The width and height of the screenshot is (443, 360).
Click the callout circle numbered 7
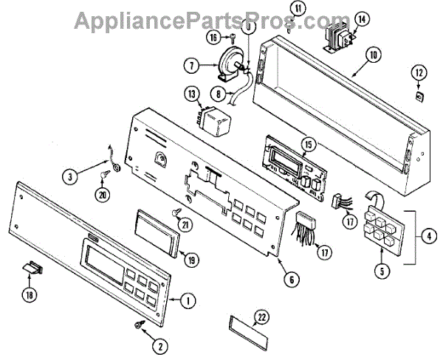tap(192, 66)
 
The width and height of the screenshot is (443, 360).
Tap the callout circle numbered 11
tap(297, 9)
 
